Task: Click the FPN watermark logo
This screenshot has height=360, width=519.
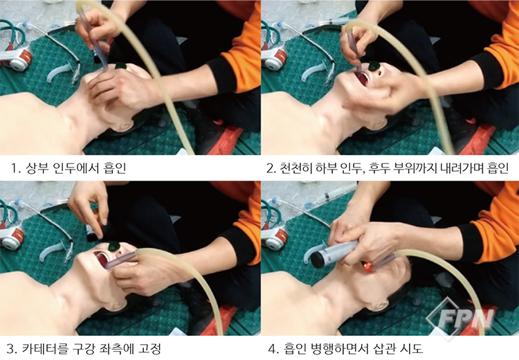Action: pos(461,318)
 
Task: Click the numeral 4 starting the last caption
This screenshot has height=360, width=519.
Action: pos(271,349)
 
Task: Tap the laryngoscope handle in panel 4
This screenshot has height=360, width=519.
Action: pos(334,254)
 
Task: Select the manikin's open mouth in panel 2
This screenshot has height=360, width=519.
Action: pos(361,78)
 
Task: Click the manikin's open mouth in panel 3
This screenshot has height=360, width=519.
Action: pos(101,260)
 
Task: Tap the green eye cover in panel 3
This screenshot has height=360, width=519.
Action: pos(115,246)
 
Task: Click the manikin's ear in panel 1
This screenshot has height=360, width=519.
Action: pos(123,126)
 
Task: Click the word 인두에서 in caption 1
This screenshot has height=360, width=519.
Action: pos(76,168)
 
